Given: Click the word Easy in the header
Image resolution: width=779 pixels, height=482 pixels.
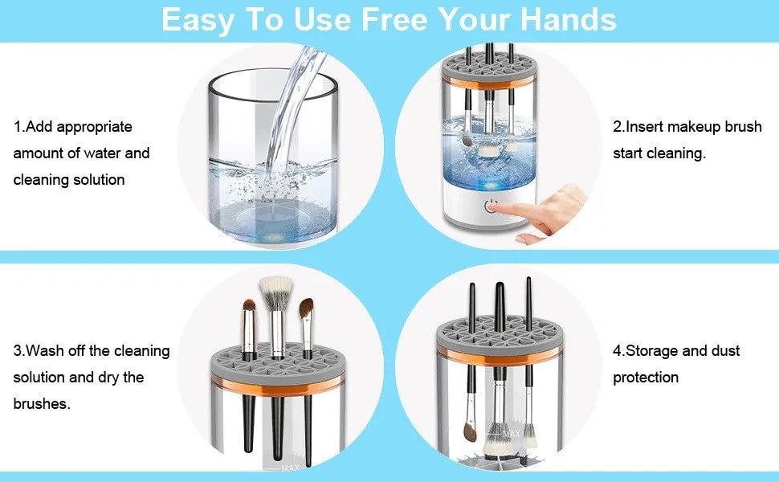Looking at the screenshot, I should point(199,19).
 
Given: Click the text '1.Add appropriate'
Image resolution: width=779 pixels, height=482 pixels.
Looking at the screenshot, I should point(72,127).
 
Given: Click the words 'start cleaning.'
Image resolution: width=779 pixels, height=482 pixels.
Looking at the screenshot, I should point(659,153).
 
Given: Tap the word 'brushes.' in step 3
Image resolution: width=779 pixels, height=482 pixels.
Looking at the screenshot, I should point(42,404).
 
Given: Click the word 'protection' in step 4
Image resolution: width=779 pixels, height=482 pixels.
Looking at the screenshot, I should point(646,378).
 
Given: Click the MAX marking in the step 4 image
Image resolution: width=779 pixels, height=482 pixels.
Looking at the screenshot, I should point(511,434).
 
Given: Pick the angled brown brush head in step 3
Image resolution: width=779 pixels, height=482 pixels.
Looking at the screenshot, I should point(306,308).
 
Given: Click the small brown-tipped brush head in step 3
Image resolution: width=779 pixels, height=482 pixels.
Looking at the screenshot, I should point(249,307).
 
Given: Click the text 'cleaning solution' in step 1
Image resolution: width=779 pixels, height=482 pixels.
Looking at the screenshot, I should point(69,180).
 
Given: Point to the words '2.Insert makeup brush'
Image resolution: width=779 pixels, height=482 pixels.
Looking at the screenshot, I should point(687,127).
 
